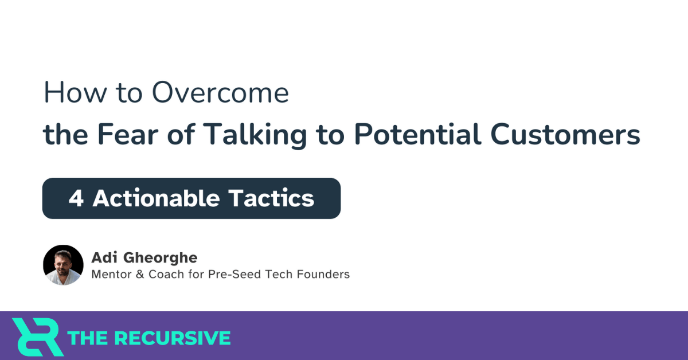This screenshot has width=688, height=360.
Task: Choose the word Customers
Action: [x=565, y=135]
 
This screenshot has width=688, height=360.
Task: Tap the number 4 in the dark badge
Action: [x=76, y=198]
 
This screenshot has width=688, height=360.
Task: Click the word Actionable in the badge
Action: [x=156, y=198]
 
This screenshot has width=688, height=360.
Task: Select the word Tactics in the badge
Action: [x=271, y=198]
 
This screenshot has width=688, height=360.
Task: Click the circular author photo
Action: [x=63, y=265]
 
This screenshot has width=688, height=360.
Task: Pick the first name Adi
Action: [x=104, y=258]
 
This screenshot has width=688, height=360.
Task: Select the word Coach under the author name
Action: [x=166, y=275]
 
